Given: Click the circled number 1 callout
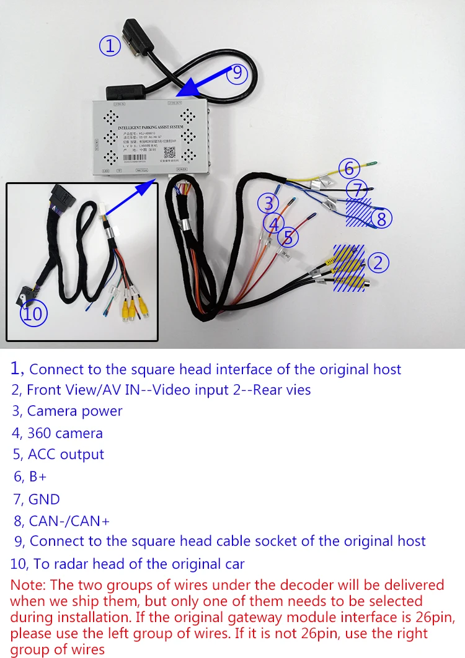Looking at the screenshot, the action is click(x=110, y=45).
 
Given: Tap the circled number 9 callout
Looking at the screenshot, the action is click(x=237, y=73).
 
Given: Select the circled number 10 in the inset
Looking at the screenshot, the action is click(x=33, y=314).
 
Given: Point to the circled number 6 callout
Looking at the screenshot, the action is click(x=349, y=168).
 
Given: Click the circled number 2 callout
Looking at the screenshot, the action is click(x=378, y=263).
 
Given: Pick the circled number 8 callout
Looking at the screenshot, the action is click(x=381, y=218).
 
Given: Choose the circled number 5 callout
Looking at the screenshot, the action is click(x=288, y=237).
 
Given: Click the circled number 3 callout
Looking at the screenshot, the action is click(x=268, y=203).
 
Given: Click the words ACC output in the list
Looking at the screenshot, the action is click(x=66, y=454).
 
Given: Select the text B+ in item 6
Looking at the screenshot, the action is click(x=38, y=476).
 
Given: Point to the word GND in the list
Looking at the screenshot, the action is click(x=44, y=499).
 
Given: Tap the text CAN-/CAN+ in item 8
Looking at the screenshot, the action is click(x=64, y=521).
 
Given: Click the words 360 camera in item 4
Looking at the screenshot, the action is click(x=64, y=432).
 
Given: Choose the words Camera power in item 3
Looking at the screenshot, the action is click(x=74, y=411).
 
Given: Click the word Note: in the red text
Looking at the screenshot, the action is click(x=29, y=585).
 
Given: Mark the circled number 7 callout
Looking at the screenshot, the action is click(x=356, y=188).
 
